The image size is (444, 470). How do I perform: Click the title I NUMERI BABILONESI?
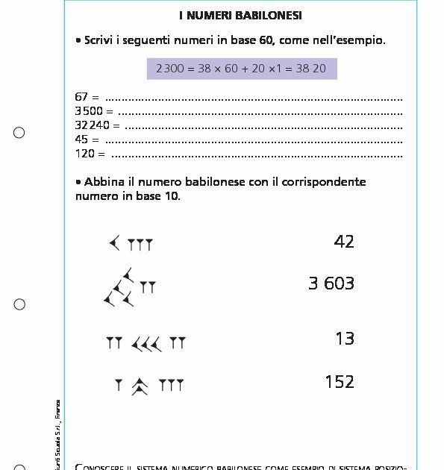(x=240, y=15)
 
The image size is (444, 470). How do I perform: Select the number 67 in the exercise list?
(x=82, y=97)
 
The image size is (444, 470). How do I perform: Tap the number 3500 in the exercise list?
(x=89, y=111)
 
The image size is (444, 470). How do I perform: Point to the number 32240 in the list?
(x=92, y=125)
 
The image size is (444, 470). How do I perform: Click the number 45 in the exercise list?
(x=82, y=140)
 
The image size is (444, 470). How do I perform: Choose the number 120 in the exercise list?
(x=85, y=154)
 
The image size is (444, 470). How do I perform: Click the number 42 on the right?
(x=344, y=241)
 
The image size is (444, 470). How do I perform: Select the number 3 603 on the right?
(x=331, y=283)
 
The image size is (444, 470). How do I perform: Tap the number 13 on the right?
(x=345, y=339)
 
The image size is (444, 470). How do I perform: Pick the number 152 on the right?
(x=340, y=382)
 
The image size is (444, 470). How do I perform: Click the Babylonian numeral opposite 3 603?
(x=130, y=288)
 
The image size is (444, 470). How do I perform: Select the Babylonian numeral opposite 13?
(x=146, y=343)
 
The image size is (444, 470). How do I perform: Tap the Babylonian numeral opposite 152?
(x=148, y=386)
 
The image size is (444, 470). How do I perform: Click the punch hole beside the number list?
(x=19, y=133)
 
